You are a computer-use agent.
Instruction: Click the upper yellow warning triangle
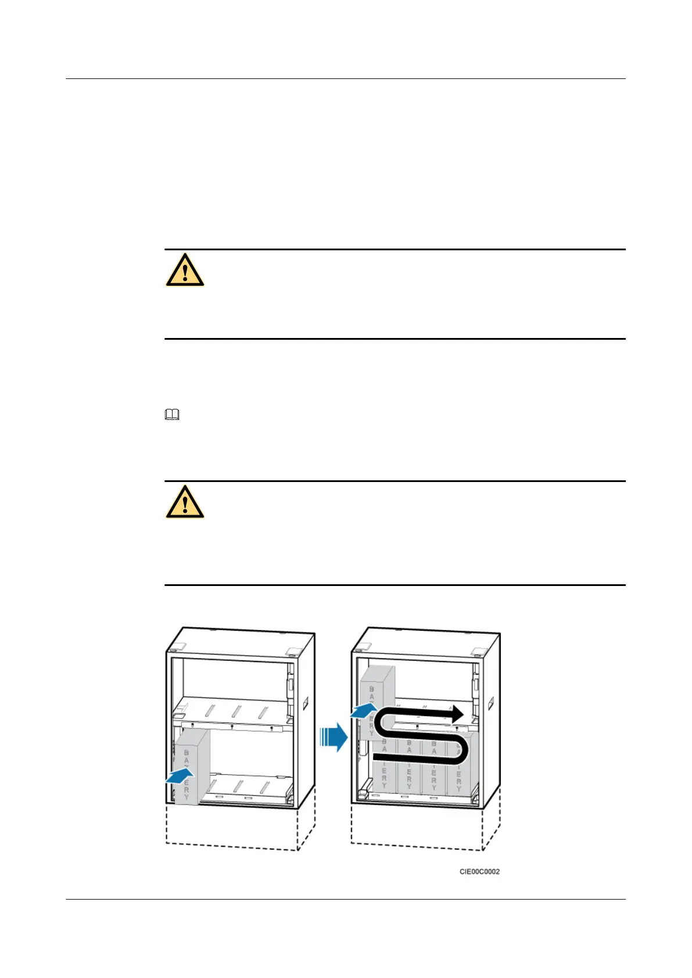point(185,271)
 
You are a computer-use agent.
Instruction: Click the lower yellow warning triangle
point(185,502)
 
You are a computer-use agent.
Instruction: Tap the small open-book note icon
point(173,415)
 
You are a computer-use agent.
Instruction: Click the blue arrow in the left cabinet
point(180,775)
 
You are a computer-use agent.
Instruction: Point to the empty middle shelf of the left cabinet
point(232,711)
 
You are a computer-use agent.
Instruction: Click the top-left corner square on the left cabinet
point(178,647)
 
